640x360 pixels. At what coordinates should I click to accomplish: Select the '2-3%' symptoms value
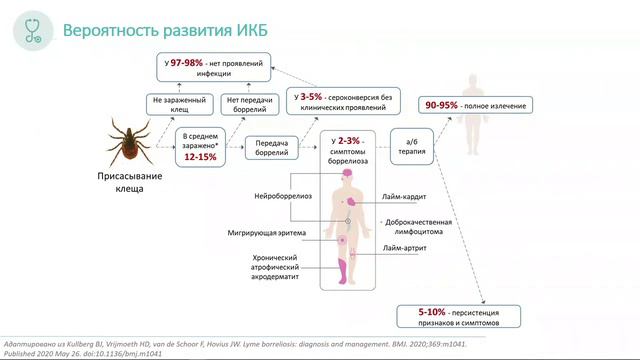pyautogui.click(x=349, y=142)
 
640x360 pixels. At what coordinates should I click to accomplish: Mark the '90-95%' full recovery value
pyautogui.click(x=445, y=104)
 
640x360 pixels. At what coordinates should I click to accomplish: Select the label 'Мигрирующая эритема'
pyautogui.click(x=270, y=233)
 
